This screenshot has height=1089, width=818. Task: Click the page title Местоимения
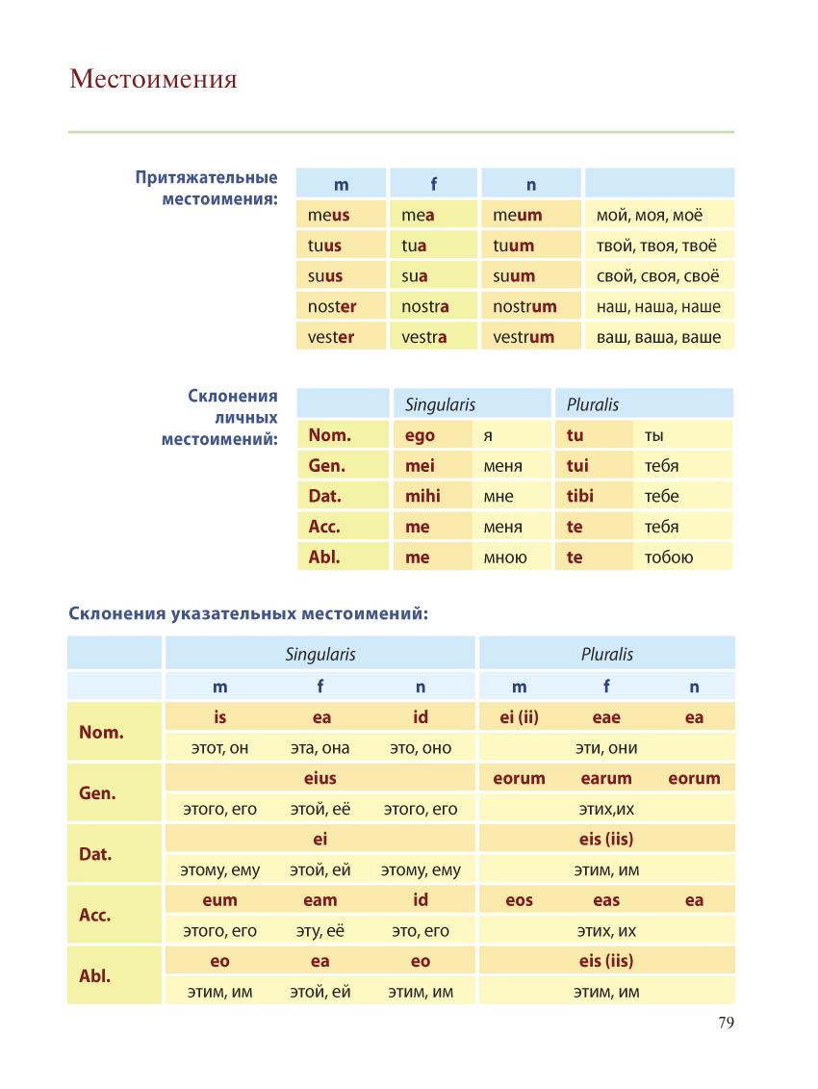pyautogui.click(x=153, y=79)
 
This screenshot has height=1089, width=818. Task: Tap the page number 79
pyautogui.click(x=726, y=1023)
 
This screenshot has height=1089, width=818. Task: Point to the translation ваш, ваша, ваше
pyautogui.click(x=658, y=338)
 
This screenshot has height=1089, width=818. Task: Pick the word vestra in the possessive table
pyautogui.click(x=423, y=338)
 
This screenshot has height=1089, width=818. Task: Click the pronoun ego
pyautogui.click(x=420, y=436)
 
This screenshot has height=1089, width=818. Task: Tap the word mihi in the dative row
pyautogui.click(x=422, y=496)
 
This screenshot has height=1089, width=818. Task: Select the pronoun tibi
pyautogui.click(x=580, y=496)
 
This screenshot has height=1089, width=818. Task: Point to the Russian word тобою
pyautogui.click(x=669, y=557)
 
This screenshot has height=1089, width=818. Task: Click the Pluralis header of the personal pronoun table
pyautogui.click(x=592, y=405)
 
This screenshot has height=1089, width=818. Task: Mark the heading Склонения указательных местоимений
pyautogui.click(x=248, y=614)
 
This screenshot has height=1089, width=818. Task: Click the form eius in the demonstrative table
pyautogui.click(x=320, y=779)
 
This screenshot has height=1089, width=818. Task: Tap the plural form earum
pyautogui.click(x=606, y=779)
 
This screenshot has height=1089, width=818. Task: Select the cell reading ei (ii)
pyautogui.click(x=519, y=717)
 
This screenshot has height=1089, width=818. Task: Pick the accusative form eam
pyautogui.click(x=320, y=901)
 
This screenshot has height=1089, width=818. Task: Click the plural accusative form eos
pyautogui.click(x=519, y=901)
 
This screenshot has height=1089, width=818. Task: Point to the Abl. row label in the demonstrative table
pyautogui.click(x=95, y=975)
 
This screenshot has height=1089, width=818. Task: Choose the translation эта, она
pyautogui.click(x=320, y=749)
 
